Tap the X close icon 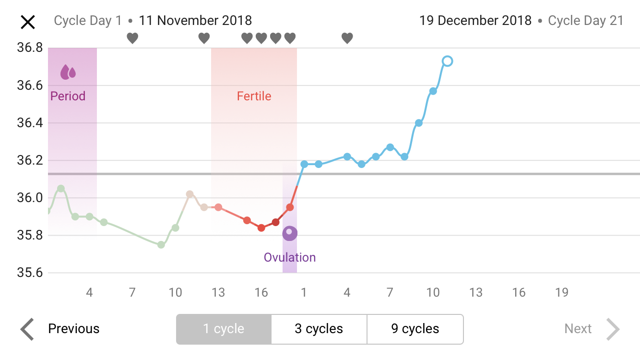coord(27,22)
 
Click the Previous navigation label coord(74,329)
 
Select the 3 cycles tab coord(319,329)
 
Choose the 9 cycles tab coord(415,329)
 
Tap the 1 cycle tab coord(224,329)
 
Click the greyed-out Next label coord(578,329)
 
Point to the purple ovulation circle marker coord(290,233)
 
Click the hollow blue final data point coord(447,61)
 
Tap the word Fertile coord(254,96)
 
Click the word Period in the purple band coord(68,96)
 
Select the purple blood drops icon coord(68,72)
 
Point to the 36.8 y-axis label coord(30,48)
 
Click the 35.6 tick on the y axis coord(30,273)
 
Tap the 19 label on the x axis coord(561,292)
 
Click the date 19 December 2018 coord(475,21)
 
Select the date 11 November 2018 coord(195,21)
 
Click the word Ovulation coord(290,257)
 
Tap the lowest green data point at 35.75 coord(161,245)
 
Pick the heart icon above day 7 coord(132,38)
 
